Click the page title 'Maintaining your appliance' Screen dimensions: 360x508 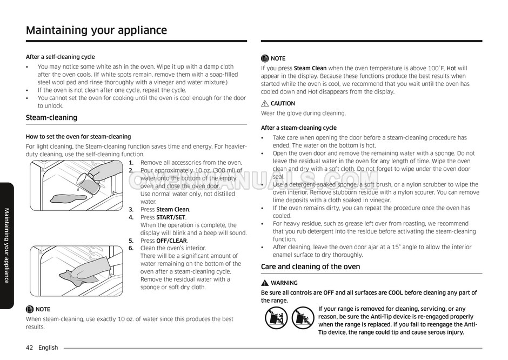click(96, 30)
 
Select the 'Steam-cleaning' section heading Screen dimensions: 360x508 click(51, 118)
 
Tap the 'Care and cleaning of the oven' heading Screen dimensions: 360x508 click(310, 266)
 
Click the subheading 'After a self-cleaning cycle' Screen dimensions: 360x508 click(60, 57)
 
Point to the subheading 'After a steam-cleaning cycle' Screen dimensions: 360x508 click(298, 128)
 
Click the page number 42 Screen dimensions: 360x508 click(30, 348)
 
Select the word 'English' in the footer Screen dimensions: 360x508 click(48, 348)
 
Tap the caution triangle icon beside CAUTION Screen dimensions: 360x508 click(265, 103)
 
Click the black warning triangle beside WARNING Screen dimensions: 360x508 click(265, 283)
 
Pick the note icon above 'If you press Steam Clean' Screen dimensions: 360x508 click(265, 58)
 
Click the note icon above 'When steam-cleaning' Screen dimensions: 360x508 click(30, 309)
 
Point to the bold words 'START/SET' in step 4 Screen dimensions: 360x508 click(171, 217)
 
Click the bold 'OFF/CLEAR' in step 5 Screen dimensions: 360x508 click(171, 241)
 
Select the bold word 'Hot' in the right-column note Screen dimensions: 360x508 click(451, 69)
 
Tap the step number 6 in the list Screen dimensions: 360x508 click(131, 248)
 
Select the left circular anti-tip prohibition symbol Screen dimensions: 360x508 click(276, 318)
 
